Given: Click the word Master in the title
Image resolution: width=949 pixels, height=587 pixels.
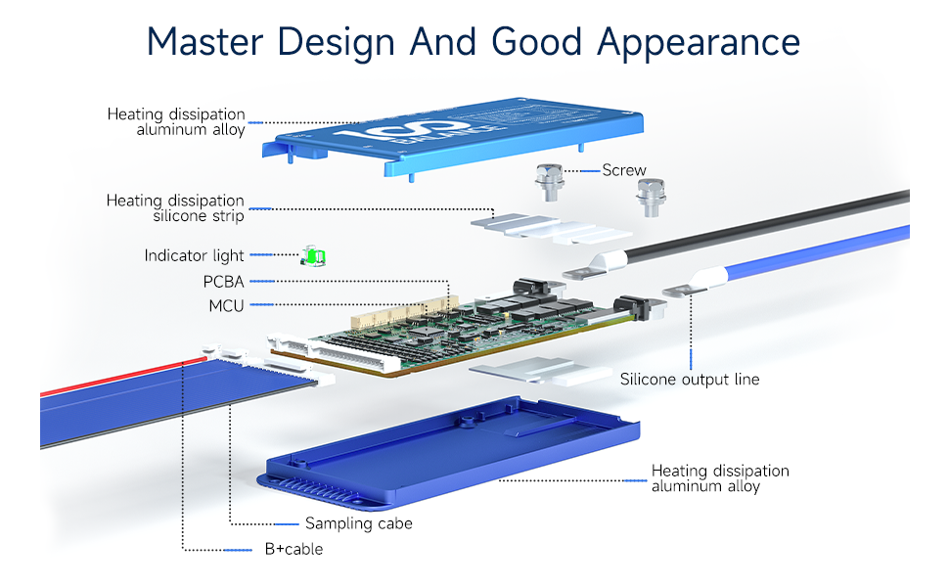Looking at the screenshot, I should coord(205,41).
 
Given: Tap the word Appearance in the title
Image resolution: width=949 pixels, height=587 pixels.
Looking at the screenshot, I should coord(698,43).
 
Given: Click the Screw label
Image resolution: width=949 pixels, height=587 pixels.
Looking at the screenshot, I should coord(623,170).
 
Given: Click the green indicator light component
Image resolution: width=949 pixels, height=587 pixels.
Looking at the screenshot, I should coord(314,256).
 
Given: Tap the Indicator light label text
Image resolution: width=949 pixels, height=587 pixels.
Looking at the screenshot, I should coord(194,255).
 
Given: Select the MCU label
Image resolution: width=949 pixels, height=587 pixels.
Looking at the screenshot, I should coord(226,306).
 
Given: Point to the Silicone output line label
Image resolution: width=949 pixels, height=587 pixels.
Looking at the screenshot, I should coord(689,380).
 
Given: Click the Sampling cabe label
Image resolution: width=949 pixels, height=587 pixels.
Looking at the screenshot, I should coord(358,523).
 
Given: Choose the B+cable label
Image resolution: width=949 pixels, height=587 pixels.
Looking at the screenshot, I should coord(294,549).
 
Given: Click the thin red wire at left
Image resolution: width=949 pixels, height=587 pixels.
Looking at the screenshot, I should coord(117,379).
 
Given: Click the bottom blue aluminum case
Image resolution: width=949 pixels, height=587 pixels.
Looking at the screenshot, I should coord(450,450).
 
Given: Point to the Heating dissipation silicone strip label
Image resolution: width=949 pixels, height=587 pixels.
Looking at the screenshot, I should coord(175,208).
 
